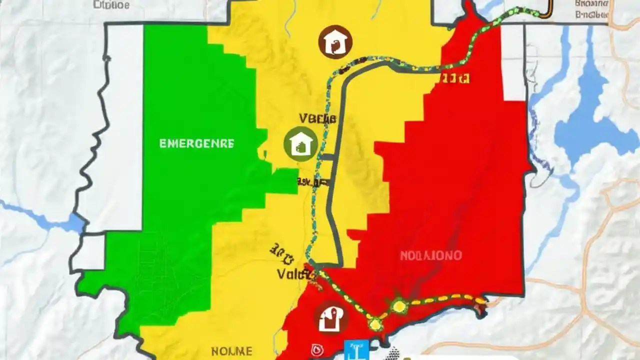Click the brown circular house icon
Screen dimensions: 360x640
(x=335, y=41)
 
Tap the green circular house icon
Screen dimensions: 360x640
(x=300, y=143)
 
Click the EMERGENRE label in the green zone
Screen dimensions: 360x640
(x=196, y=143)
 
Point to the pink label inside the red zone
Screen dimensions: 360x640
(x=430, y=255)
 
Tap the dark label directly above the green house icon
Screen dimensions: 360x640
(x=317, y=118)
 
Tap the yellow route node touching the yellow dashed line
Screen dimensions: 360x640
(x=398, y=305)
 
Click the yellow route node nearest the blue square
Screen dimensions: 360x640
(x=374, y=323)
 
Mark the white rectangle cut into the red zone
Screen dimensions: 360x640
(x=513, y=62)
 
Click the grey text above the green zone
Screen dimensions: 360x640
(x=111, y=5)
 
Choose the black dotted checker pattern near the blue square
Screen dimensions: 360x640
(x=394, y=353)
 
